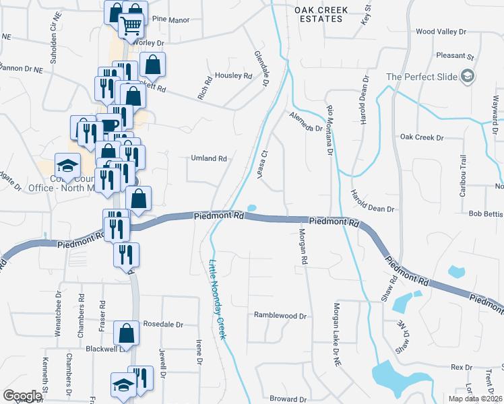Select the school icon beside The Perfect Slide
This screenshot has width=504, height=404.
467,76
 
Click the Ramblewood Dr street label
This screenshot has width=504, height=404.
280,315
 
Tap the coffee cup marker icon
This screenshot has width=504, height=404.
108,125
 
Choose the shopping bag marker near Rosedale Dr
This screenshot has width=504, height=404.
126,332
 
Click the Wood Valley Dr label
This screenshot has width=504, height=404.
441,32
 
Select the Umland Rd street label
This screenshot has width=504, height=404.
208,159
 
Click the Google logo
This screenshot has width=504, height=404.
22,396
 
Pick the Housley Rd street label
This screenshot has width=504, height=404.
233,75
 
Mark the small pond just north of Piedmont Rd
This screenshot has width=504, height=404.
252,207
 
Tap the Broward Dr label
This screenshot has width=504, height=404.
288,399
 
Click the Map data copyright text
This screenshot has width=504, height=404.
474,399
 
